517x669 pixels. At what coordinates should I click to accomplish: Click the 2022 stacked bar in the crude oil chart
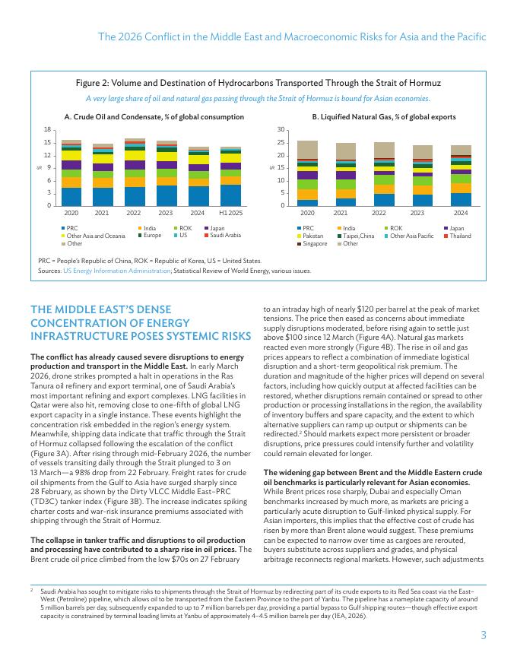click(x=135, y=173)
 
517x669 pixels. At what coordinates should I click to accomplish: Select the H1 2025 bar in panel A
click(x=230, y=176)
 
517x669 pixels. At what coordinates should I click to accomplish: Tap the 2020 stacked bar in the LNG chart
click(x=307, y=173)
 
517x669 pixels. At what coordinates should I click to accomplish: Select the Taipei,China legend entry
click(x=357, y=236)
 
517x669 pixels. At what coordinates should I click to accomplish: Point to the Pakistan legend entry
click(x=312, y=236)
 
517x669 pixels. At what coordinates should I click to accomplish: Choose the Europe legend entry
click(x=151, y=236)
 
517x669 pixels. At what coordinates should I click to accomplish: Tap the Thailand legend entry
click(x=458, y=236)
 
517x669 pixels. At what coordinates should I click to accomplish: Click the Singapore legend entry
click(x=313, y=243)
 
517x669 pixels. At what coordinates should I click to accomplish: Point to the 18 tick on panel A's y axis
click(x=47, y=130)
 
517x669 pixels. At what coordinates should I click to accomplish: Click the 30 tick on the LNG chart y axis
click(x=281, y=130)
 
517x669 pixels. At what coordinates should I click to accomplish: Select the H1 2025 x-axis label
click(x=230, y=214)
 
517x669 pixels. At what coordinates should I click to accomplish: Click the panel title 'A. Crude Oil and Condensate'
click(x=154, y=117)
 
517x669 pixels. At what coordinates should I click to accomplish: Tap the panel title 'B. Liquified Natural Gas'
click(x=384, y=117)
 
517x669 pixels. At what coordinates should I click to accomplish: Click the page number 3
click(x=483, y=635)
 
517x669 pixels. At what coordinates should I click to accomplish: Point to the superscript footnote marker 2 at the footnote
click(x=32, y=589)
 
